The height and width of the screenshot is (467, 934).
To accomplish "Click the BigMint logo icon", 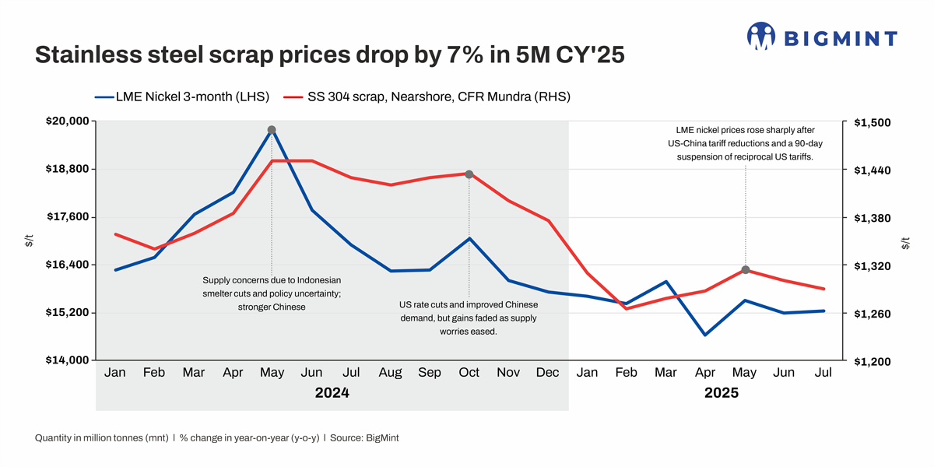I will click(x=760, y=36).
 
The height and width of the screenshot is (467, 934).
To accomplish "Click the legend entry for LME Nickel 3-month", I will click(x=181, y=97).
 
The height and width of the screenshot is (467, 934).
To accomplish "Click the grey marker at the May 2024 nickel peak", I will click(x=272, y=130).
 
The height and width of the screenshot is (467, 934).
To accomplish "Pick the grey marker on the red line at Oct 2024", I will click(x=469, y=174).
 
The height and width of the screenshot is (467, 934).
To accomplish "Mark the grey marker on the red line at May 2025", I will click(x=745, y=269).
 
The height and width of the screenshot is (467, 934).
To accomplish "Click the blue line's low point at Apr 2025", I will click(x=705, y=335).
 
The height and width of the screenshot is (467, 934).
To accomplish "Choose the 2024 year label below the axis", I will click(x=332, y=393).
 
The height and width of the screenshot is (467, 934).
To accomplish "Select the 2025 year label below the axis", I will click(x=722, y=393).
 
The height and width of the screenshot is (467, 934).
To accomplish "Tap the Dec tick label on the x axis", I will click(x=548, y=373).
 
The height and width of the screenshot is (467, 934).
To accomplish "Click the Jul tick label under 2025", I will click(x=823, y=373).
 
